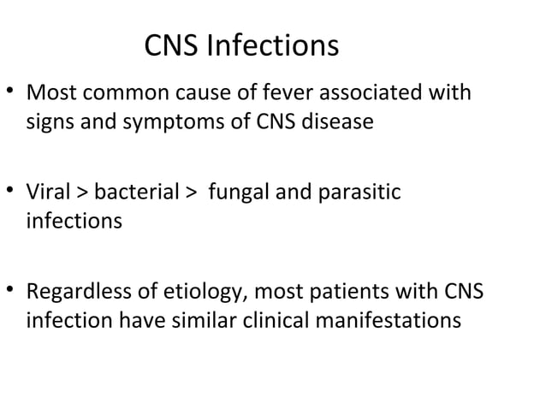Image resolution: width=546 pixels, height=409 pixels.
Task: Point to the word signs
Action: (49, 122)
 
